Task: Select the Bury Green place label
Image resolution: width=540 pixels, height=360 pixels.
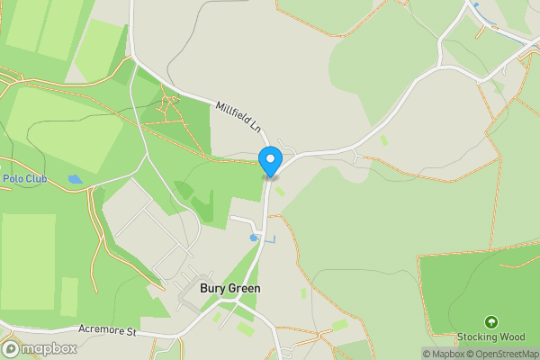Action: tap(229, 289)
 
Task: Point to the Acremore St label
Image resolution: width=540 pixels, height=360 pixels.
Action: tap(106, 331)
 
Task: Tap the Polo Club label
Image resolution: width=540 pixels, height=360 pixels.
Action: tap(23, 179)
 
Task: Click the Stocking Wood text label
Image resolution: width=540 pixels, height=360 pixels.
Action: tap(491, 337)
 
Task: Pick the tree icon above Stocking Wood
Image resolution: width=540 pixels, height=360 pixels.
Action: tap(491, 321)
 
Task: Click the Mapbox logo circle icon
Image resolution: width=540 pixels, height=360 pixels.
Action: tap(11, 348)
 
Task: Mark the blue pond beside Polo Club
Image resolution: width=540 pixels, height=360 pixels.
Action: tap(75, 179)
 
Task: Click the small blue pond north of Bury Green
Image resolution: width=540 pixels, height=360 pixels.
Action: tap(255, 238)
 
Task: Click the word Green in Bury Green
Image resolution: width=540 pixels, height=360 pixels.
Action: tap(244, 289)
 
